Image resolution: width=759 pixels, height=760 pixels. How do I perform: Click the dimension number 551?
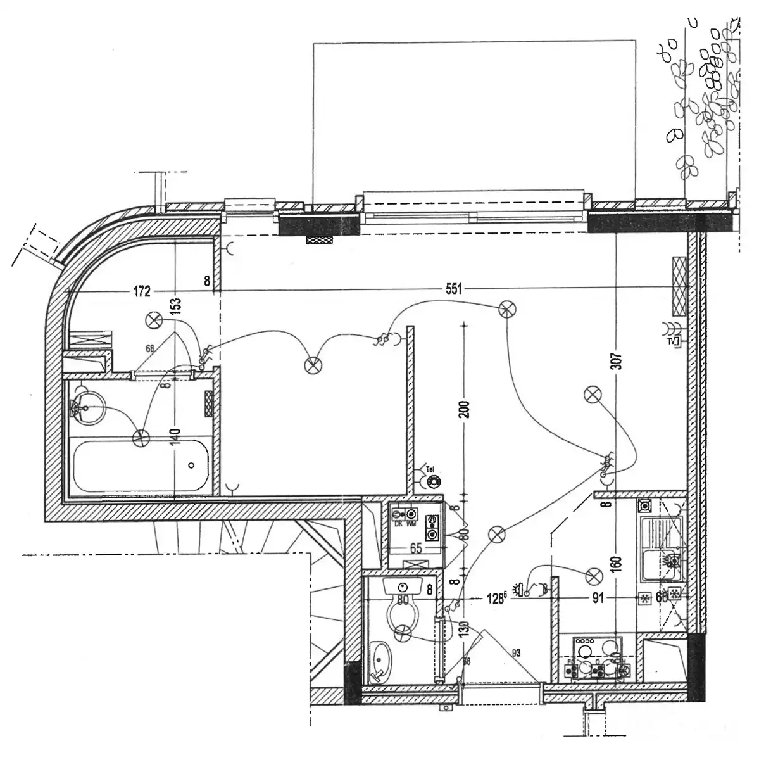click(454, 289)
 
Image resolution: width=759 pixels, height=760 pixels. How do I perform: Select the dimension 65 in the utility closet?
click(416, 548)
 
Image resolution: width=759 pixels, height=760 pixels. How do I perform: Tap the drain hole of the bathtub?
click(192, 465)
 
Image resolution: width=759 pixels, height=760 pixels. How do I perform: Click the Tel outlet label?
click(430, 469)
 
